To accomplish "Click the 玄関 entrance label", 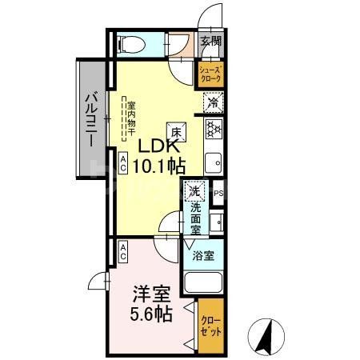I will pyautogui.click(x=210, y=42).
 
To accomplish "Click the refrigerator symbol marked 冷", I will pyautogui.click(x=213, y=102).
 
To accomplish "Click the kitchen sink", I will pyautogui.click(x=214, y=164).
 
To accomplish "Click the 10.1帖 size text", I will pyautogui.click(x=165, y=167).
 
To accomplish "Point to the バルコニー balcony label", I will pyautogui.click(x=91, y=118).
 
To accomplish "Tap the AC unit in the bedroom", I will pyautogui.click(x=123, y=252).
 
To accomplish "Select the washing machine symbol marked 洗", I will pyautogui.click(x=192, y=192).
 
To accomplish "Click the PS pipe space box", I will pyautogui.click(x=218, y=192).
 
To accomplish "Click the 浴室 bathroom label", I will pyautogui.click(x=202, y=256).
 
